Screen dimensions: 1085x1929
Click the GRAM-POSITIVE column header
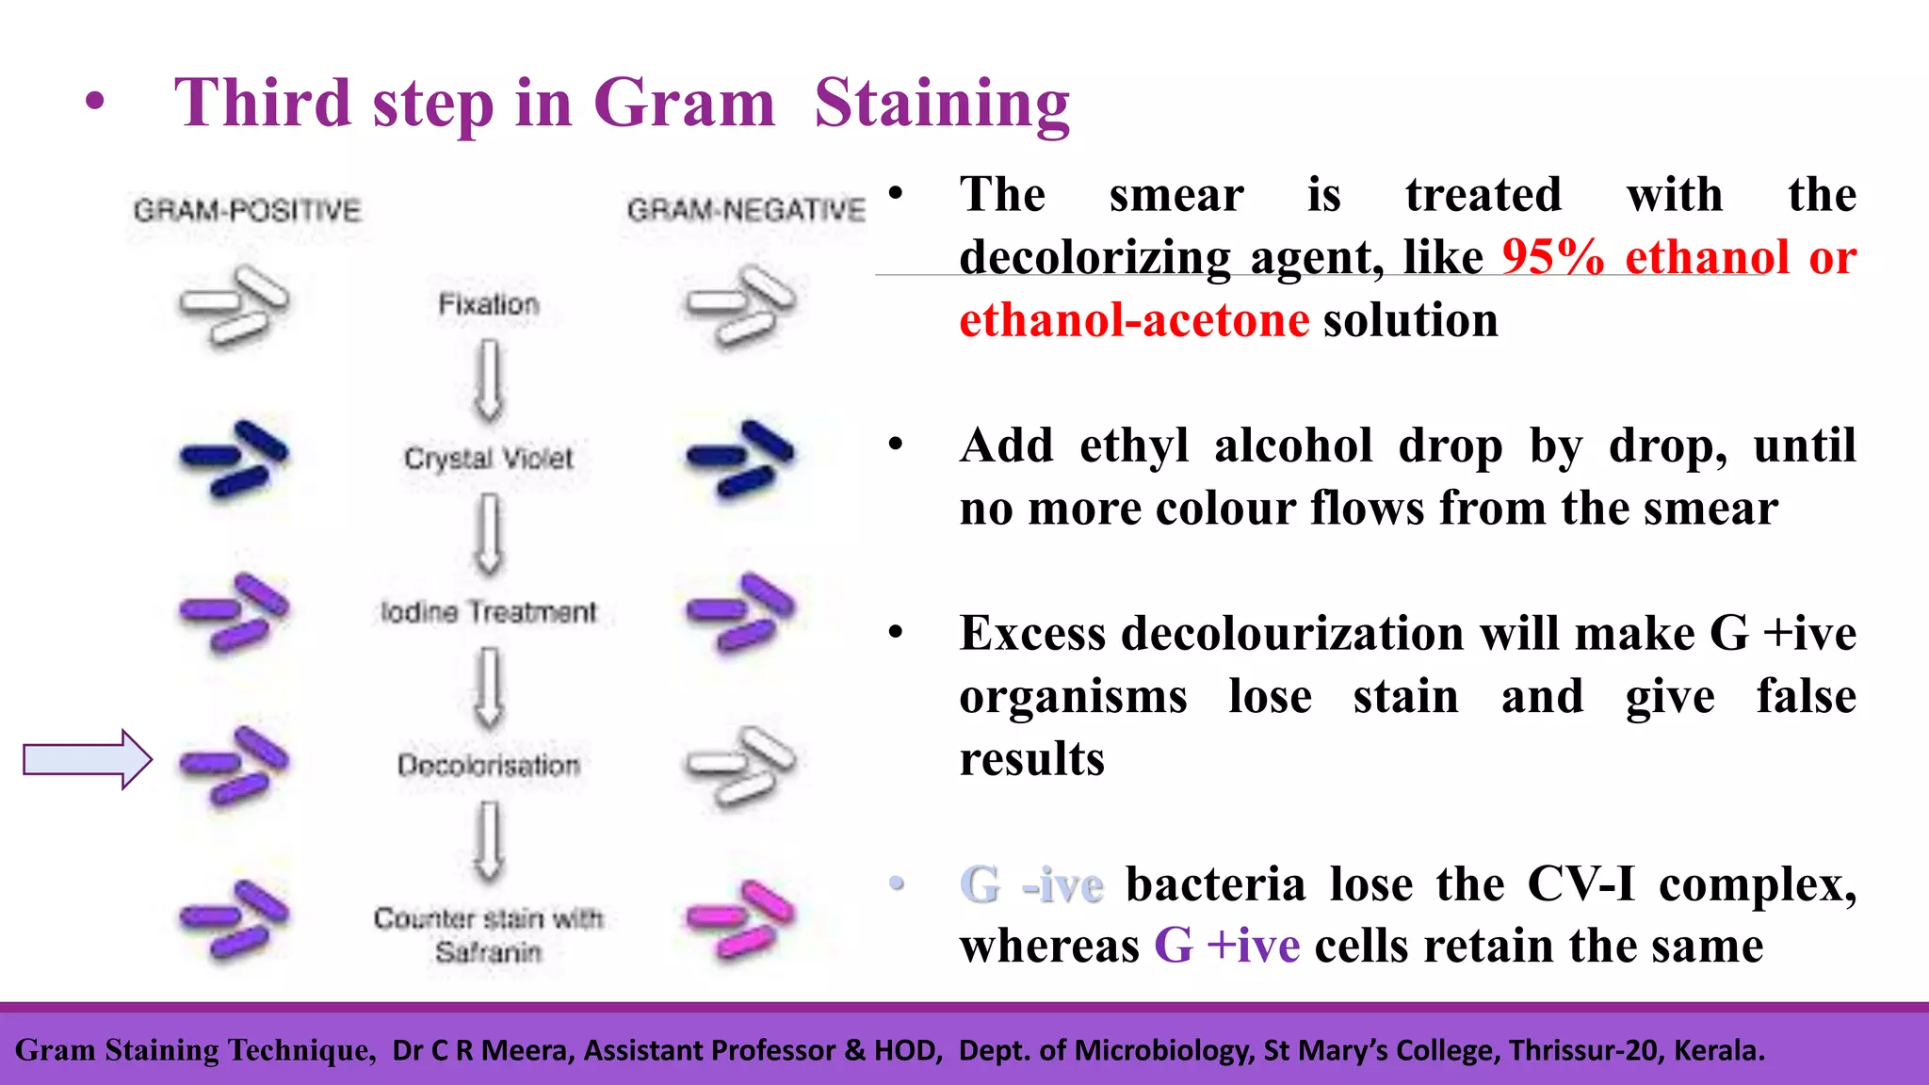click(247, 209)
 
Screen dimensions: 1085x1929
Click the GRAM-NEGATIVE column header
click(746, 209)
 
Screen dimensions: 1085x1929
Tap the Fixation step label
click(489, 304)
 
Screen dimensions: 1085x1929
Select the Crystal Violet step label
click(489, 459)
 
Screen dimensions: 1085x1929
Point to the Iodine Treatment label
click(489, 612)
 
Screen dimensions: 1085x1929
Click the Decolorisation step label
click(489, 765)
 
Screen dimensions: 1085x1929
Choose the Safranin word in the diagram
click(489, 952)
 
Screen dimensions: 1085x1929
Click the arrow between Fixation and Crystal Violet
click(488, 381)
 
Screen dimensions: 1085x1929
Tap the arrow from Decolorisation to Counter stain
click(488, 840)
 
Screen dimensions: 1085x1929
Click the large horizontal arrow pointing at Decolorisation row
click(88, 758)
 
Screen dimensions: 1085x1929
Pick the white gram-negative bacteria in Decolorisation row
click(741, 765)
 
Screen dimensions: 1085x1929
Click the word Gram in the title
click(684, 103)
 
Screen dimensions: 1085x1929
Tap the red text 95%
click(1552, 256)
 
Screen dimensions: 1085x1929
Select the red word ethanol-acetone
click(1134, 320)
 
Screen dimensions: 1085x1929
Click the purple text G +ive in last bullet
click(1227, 945)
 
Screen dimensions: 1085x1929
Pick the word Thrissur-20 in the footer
click(1586, 1050)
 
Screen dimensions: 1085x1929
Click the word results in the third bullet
click(1031, 758)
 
